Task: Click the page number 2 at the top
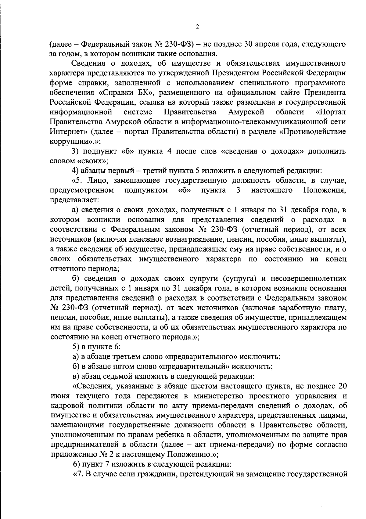click(x=197, y=27)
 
